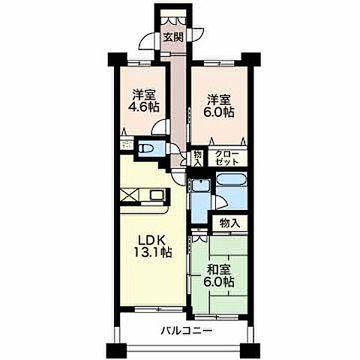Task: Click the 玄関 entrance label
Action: point(173,37)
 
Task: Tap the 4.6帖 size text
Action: point(143,107)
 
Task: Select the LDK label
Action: point(151,241)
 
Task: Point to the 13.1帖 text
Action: point(152,253)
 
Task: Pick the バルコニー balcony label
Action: point(186,331)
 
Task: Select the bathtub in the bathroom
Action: point(232,180)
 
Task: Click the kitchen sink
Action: point(157,194)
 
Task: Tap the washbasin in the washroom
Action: point(202,186)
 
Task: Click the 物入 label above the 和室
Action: point(230,223)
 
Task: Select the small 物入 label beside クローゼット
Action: point(198,158)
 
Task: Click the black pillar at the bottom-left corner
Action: point(117,350)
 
